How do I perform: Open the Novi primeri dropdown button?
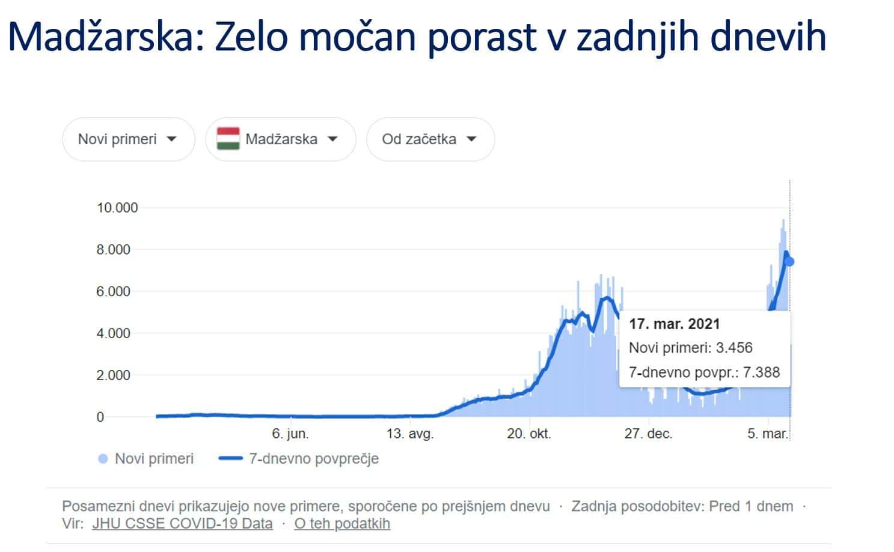[128, 139]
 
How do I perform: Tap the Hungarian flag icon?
[228, 139]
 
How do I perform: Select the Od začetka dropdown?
[430, 139]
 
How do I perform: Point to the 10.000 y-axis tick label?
[117, 208]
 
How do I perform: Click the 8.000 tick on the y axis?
[113, 250]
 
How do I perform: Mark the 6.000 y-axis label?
[113, 291]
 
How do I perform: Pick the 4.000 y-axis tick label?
[113, 333]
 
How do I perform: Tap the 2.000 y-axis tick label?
[113, 375]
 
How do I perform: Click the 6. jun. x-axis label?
[290, 434]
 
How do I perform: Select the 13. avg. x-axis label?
[409, 434]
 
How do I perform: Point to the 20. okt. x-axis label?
[528, 434]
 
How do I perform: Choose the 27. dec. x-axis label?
[648, 434]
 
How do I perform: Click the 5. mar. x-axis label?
[767, 434]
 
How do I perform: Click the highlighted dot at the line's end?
[789, 261]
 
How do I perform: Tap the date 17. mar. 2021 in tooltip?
[674, 324]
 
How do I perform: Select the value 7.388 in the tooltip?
[761, 372]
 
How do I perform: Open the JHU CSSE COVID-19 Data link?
[182, 524]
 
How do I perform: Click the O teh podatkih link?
[341, 524]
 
